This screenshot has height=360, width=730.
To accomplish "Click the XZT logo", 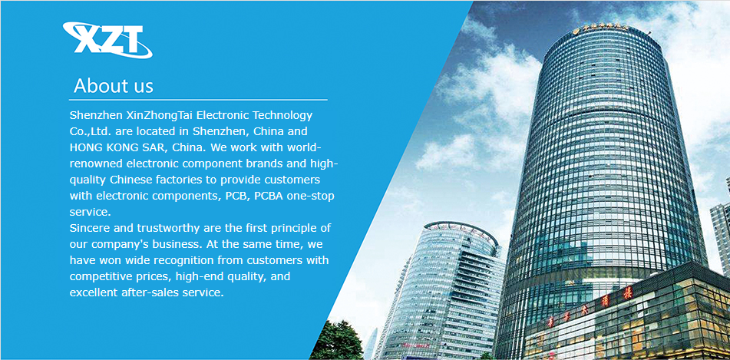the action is (107, 40).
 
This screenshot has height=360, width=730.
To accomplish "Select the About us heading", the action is (113, 86).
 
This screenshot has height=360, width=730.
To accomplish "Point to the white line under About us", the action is (198, 100).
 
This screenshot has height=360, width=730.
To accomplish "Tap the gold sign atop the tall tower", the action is (601, 28).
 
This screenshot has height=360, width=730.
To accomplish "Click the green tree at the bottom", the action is (336, 341).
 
